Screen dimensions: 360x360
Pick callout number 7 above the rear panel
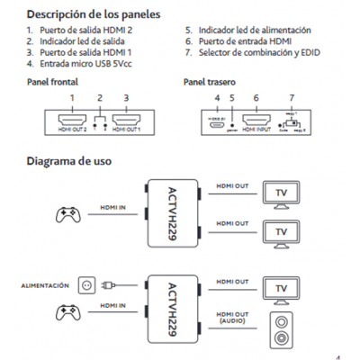click(x=290, y=96)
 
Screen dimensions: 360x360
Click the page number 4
click(x=337, y=354)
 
